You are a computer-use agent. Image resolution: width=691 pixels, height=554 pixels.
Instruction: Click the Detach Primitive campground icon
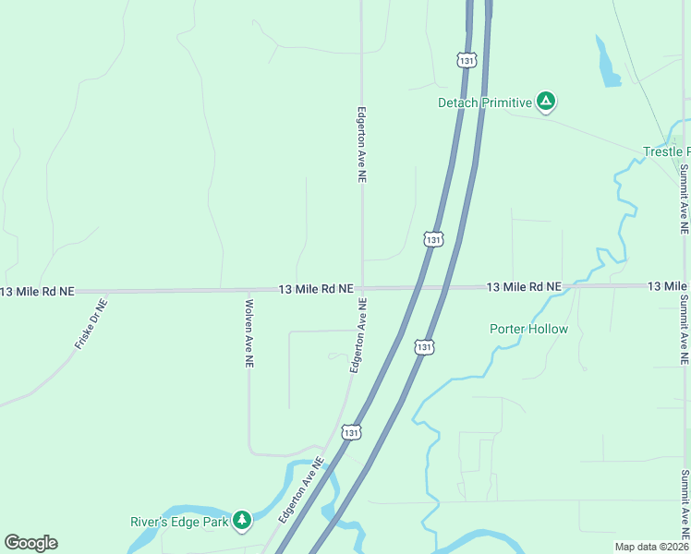546,102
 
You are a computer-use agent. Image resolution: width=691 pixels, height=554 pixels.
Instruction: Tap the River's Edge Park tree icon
242,521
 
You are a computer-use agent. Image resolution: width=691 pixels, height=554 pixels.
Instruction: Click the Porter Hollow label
528,329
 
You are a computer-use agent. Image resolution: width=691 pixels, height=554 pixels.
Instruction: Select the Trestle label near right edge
666,151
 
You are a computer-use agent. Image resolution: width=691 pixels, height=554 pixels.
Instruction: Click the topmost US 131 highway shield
467,60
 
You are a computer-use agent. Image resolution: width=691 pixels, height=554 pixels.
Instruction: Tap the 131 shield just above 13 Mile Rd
433,239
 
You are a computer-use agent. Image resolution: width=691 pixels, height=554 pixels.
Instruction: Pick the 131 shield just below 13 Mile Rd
423,346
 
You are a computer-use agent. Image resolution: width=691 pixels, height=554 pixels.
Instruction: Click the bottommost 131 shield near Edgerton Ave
350,431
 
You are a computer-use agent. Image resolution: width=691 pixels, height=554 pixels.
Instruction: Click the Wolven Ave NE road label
249,331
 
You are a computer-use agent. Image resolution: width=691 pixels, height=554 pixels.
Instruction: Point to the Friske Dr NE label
91,322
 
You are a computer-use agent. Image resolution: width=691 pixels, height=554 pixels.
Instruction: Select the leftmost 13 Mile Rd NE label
37,292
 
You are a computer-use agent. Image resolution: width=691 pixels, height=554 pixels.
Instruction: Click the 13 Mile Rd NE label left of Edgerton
316,289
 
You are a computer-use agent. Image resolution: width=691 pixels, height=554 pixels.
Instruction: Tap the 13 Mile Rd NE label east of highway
524,287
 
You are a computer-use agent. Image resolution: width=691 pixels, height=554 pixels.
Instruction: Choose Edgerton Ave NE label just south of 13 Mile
357,335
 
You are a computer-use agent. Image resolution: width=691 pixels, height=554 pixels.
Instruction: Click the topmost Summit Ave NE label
684,198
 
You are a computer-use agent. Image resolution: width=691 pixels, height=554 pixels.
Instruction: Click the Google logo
30,543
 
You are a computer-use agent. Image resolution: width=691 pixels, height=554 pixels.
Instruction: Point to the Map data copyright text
652,547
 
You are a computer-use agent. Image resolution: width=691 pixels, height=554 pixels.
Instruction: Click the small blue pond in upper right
609,65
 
